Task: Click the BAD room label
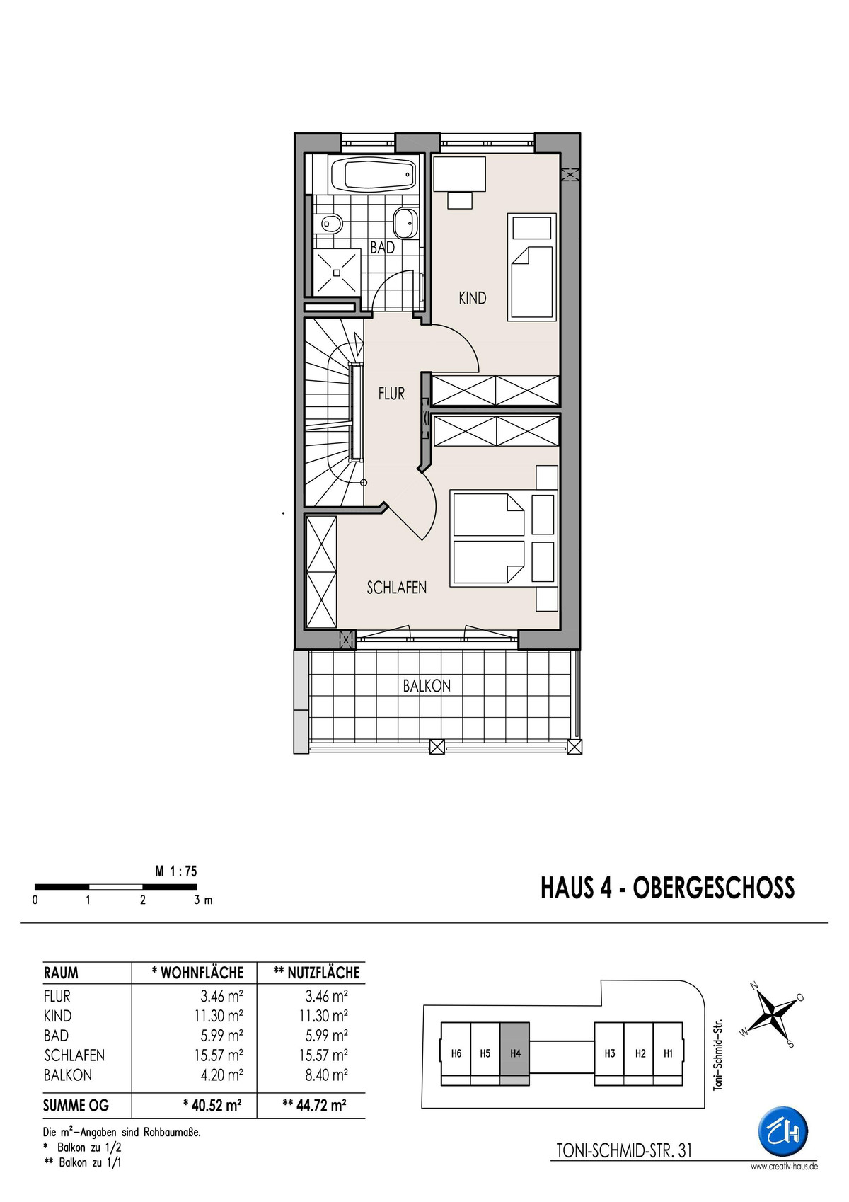click(382, 247)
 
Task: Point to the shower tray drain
click(337, 273)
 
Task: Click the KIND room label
click(473, 298)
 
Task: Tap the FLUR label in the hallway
click(391, 394)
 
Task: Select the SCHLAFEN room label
click(397, 588)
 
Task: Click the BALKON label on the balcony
click(427, 686)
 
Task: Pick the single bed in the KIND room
click(531, 267)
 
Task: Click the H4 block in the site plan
click(515, 1053)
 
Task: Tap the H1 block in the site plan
click(668, 1053)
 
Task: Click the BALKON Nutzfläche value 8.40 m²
click(324, 1075)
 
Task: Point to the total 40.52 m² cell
click(212, 1105)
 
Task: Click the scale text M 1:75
click(176, 871)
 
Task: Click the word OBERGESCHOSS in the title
click(714, 888)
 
